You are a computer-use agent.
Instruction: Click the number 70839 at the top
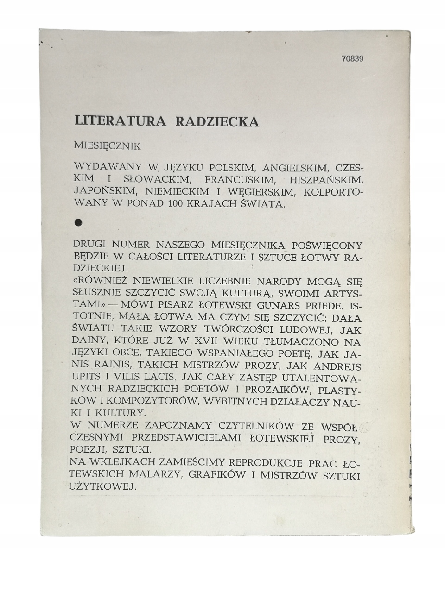(x=352, y=59)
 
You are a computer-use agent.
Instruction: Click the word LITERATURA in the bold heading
(x=120, y=121)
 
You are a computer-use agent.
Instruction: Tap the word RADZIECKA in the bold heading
(x=217, y=121)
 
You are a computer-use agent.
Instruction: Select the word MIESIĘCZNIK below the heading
(x=107, y=146)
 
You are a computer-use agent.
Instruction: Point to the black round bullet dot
(x=79, y=223)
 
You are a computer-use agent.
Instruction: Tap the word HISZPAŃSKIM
(x=325, y=179)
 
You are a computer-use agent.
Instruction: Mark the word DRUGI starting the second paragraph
(x=90, y=245)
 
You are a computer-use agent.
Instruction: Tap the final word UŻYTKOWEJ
(x=102, y=486)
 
